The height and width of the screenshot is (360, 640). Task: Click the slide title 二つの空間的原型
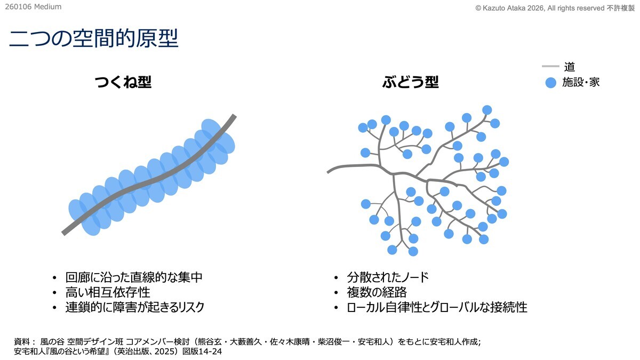point(93,38)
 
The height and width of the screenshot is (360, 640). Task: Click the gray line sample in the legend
point(550,67)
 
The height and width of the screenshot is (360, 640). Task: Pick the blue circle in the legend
point(550,83)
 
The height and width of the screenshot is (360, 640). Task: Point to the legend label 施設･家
point(581,83)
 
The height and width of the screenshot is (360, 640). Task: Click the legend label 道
point(570,67)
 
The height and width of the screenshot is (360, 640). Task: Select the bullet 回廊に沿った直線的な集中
point(134,277)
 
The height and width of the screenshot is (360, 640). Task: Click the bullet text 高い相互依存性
point(108,292)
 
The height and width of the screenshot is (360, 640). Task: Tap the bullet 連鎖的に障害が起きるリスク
point(135,307)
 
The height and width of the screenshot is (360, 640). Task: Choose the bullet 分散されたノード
point(388,277)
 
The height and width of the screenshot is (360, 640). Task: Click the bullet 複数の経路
point(377,292)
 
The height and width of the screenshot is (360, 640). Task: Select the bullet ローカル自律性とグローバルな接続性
point(437,307)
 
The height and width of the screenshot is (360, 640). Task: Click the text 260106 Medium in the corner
point(33,7)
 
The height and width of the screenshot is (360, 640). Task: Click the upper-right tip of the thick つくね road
point(234,116)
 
